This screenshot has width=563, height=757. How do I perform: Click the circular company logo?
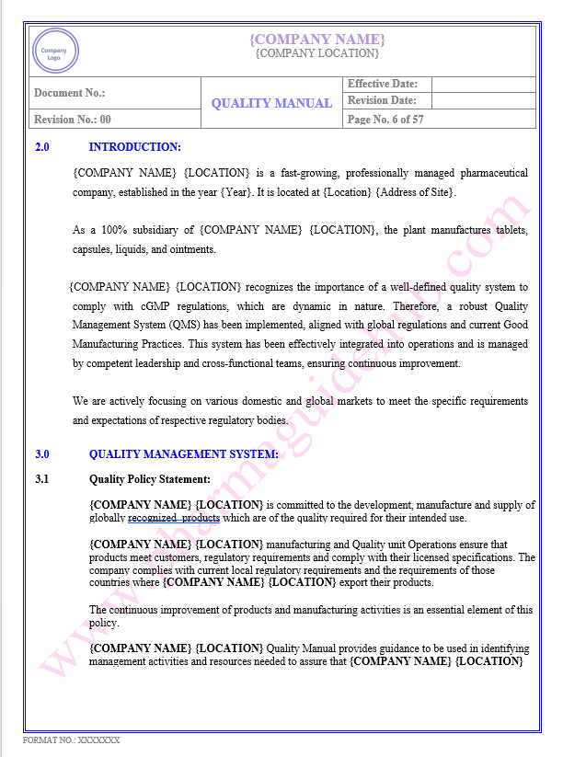[56, 51]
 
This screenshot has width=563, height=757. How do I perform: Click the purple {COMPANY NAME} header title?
[317, 39]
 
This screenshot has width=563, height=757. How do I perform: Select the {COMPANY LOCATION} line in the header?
[316, 53]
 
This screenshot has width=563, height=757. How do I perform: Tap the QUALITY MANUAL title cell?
[271, 103]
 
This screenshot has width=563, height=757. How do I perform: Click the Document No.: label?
[69, 93]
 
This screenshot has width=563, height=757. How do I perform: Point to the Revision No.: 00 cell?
[73, 120]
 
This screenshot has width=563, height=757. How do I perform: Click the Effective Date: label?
[383, 85]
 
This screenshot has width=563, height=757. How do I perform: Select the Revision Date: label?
[382, 101]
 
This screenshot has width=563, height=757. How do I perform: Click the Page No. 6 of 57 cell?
[385, 120]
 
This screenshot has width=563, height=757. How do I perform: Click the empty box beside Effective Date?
[482, 85]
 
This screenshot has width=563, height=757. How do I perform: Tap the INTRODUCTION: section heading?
[134, 147]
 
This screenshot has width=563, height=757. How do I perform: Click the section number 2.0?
[42, 147]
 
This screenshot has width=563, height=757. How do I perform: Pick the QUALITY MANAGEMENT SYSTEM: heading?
[183, 454]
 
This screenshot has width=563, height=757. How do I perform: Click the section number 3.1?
[42, 479]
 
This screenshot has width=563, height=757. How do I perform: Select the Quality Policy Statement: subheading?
[149, 479]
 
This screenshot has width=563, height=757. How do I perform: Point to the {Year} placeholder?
[236, 192]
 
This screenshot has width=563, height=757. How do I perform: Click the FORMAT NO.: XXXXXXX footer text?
[72, 740]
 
